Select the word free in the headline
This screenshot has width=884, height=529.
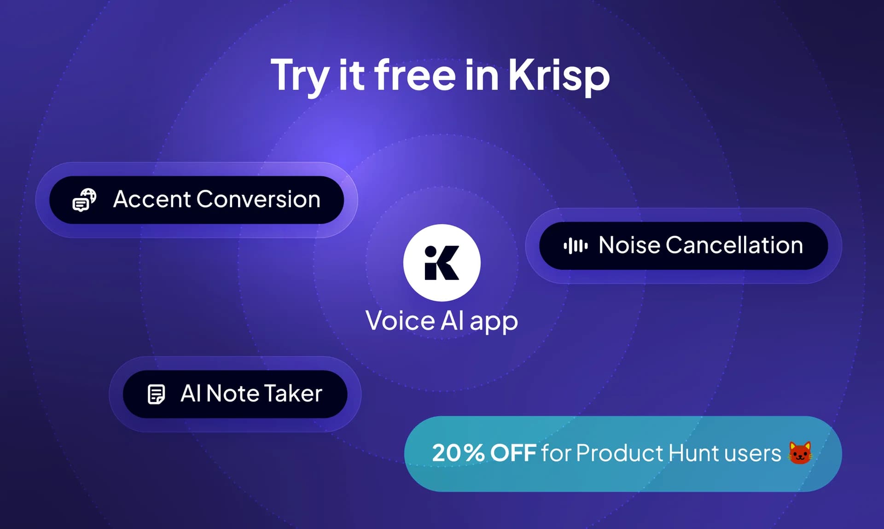414,75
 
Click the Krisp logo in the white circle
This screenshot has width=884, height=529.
442,263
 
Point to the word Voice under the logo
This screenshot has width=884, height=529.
400,321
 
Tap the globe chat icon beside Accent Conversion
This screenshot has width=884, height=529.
84,200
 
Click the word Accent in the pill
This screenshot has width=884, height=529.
152,199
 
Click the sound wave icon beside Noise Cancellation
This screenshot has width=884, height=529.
575,245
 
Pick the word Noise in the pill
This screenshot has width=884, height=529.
629,245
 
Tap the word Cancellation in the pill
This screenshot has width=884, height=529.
734,245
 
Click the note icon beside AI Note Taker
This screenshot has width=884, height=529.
156,394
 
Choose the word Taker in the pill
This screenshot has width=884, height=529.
293,394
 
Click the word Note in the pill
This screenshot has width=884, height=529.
233,394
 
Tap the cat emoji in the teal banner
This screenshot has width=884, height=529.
800,453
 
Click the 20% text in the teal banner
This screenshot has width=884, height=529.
458,453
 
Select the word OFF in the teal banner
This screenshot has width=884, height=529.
513,453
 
